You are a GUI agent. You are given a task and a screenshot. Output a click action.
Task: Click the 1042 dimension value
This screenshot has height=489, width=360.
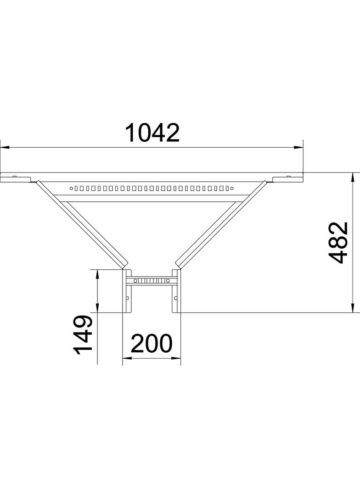point(152,133)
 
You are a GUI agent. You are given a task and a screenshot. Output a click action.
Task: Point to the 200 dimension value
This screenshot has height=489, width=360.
point(152,343)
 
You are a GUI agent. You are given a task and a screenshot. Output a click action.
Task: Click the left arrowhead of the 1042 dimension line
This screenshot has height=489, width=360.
point(5,147)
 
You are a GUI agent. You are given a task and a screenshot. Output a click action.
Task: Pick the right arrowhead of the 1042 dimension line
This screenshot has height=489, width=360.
point(298,147)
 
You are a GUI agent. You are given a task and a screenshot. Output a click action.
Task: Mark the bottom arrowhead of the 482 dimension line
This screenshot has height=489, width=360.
point(353,308)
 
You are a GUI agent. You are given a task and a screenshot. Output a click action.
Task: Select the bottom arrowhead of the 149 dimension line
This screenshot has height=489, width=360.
point(97,308)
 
